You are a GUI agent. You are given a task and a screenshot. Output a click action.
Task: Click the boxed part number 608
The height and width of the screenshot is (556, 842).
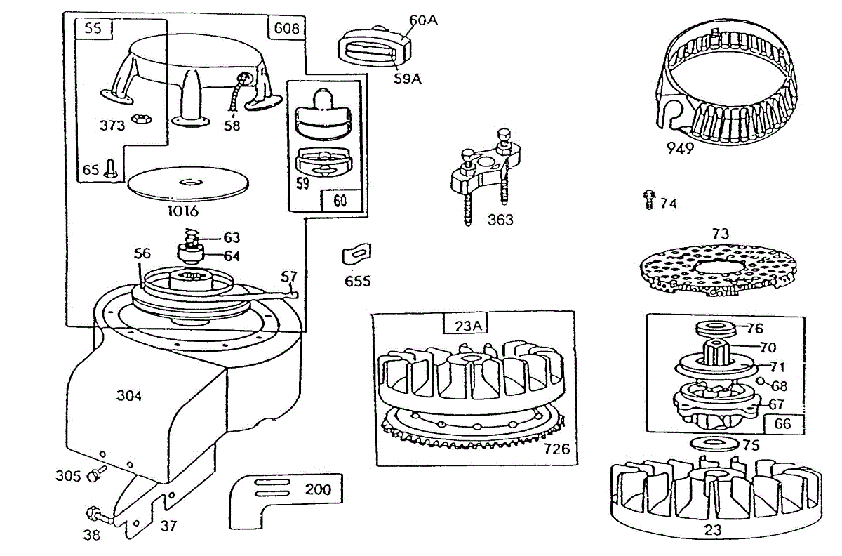tap(286, 28)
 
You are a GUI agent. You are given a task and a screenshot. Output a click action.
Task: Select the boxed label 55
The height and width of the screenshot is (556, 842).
tap(92, 29)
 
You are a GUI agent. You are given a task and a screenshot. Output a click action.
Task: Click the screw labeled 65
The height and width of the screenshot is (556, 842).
tap(109, 168)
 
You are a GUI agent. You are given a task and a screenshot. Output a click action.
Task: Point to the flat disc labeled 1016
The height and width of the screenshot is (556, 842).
tap(189, 182)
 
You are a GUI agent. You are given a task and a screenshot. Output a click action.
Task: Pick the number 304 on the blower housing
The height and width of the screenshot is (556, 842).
tap(128, 396)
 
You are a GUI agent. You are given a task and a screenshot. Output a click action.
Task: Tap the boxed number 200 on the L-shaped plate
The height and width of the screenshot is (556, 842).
tap(318, 489)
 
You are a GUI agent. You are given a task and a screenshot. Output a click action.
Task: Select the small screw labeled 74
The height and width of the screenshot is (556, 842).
tap(649, 201)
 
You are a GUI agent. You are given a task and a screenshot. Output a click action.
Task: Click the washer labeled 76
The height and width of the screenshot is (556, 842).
tap(715, 328)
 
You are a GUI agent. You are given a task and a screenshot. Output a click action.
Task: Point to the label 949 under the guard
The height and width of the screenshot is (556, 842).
tap(680, 148)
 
